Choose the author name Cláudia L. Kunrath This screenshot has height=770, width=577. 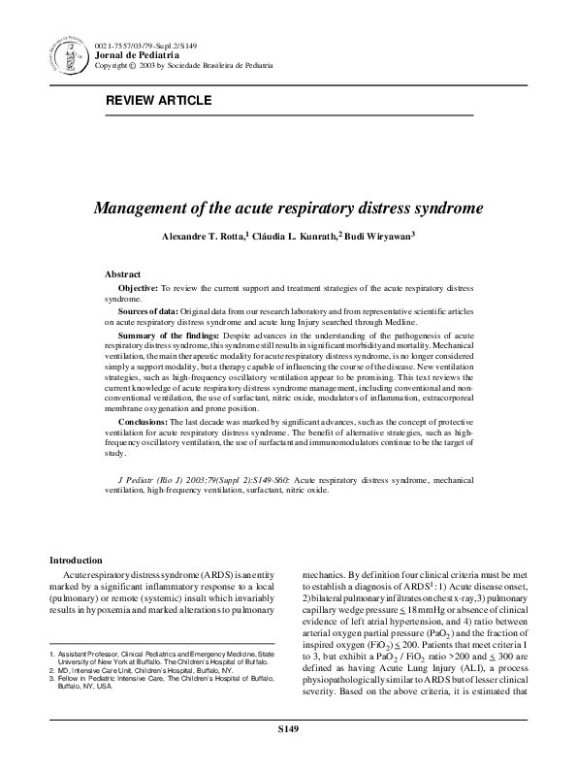pos(302,236)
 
